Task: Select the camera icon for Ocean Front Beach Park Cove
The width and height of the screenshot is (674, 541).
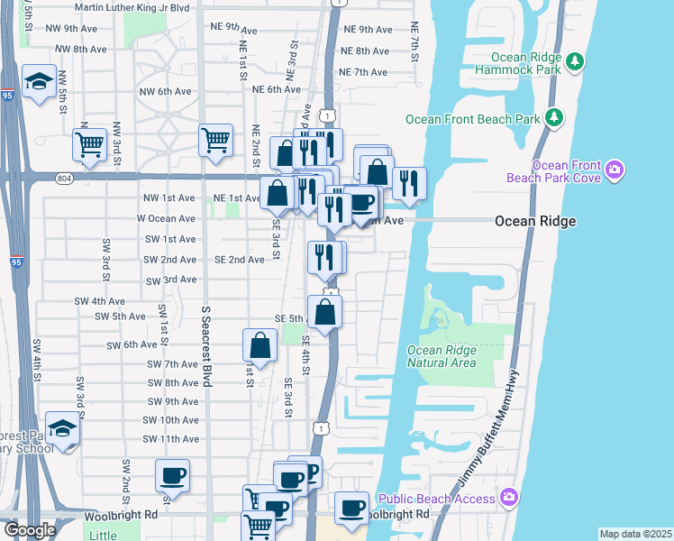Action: pos(615,170)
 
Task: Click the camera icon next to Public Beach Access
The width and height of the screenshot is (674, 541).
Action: pos(509,498)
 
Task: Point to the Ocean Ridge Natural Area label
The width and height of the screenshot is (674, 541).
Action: pos(442,356)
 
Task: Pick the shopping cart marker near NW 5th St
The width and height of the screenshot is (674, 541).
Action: pos(89,142)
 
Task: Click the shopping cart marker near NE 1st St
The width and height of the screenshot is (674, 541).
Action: pos(216,140)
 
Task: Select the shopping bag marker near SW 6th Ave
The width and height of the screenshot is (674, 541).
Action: pos(260,344)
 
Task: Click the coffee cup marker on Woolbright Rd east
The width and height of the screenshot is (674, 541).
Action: pos(352,507)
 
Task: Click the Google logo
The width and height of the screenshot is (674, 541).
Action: pos(30,530)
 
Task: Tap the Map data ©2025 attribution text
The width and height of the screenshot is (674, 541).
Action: pos(634,534)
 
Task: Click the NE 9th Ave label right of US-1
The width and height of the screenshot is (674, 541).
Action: pos(366,30)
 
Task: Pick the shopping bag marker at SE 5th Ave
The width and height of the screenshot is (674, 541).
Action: pos(324,312)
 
